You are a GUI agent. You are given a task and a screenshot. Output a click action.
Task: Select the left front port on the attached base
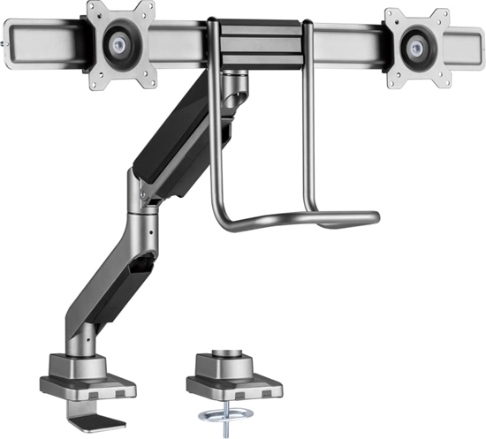(x=66, y=390)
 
